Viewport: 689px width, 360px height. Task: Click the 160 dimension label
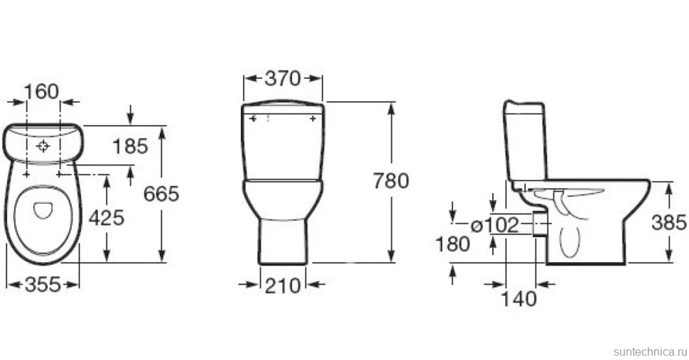tap(41, 92)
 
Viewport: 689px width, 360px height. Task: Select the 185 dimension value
tap(131, 146)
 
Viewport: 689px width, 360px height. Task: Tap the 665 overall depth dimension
tap(161, 194)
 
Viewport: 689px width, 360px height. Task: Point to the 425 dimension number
tap(107, 217)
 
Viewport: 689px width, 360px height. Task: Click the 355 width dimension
tap(43, 285)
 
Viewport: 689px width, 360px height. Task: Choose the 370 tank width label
tap(283, 79)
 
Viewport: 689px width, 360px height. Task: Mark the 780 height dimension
tap(391, 180)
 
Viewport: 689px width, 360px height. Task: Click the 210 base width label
tap(283, 286)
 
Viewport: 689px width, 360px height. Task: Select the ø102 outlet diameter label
tap(495, 225)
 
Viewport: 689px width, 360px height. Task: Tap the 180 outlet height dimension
tap(452, 244)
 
